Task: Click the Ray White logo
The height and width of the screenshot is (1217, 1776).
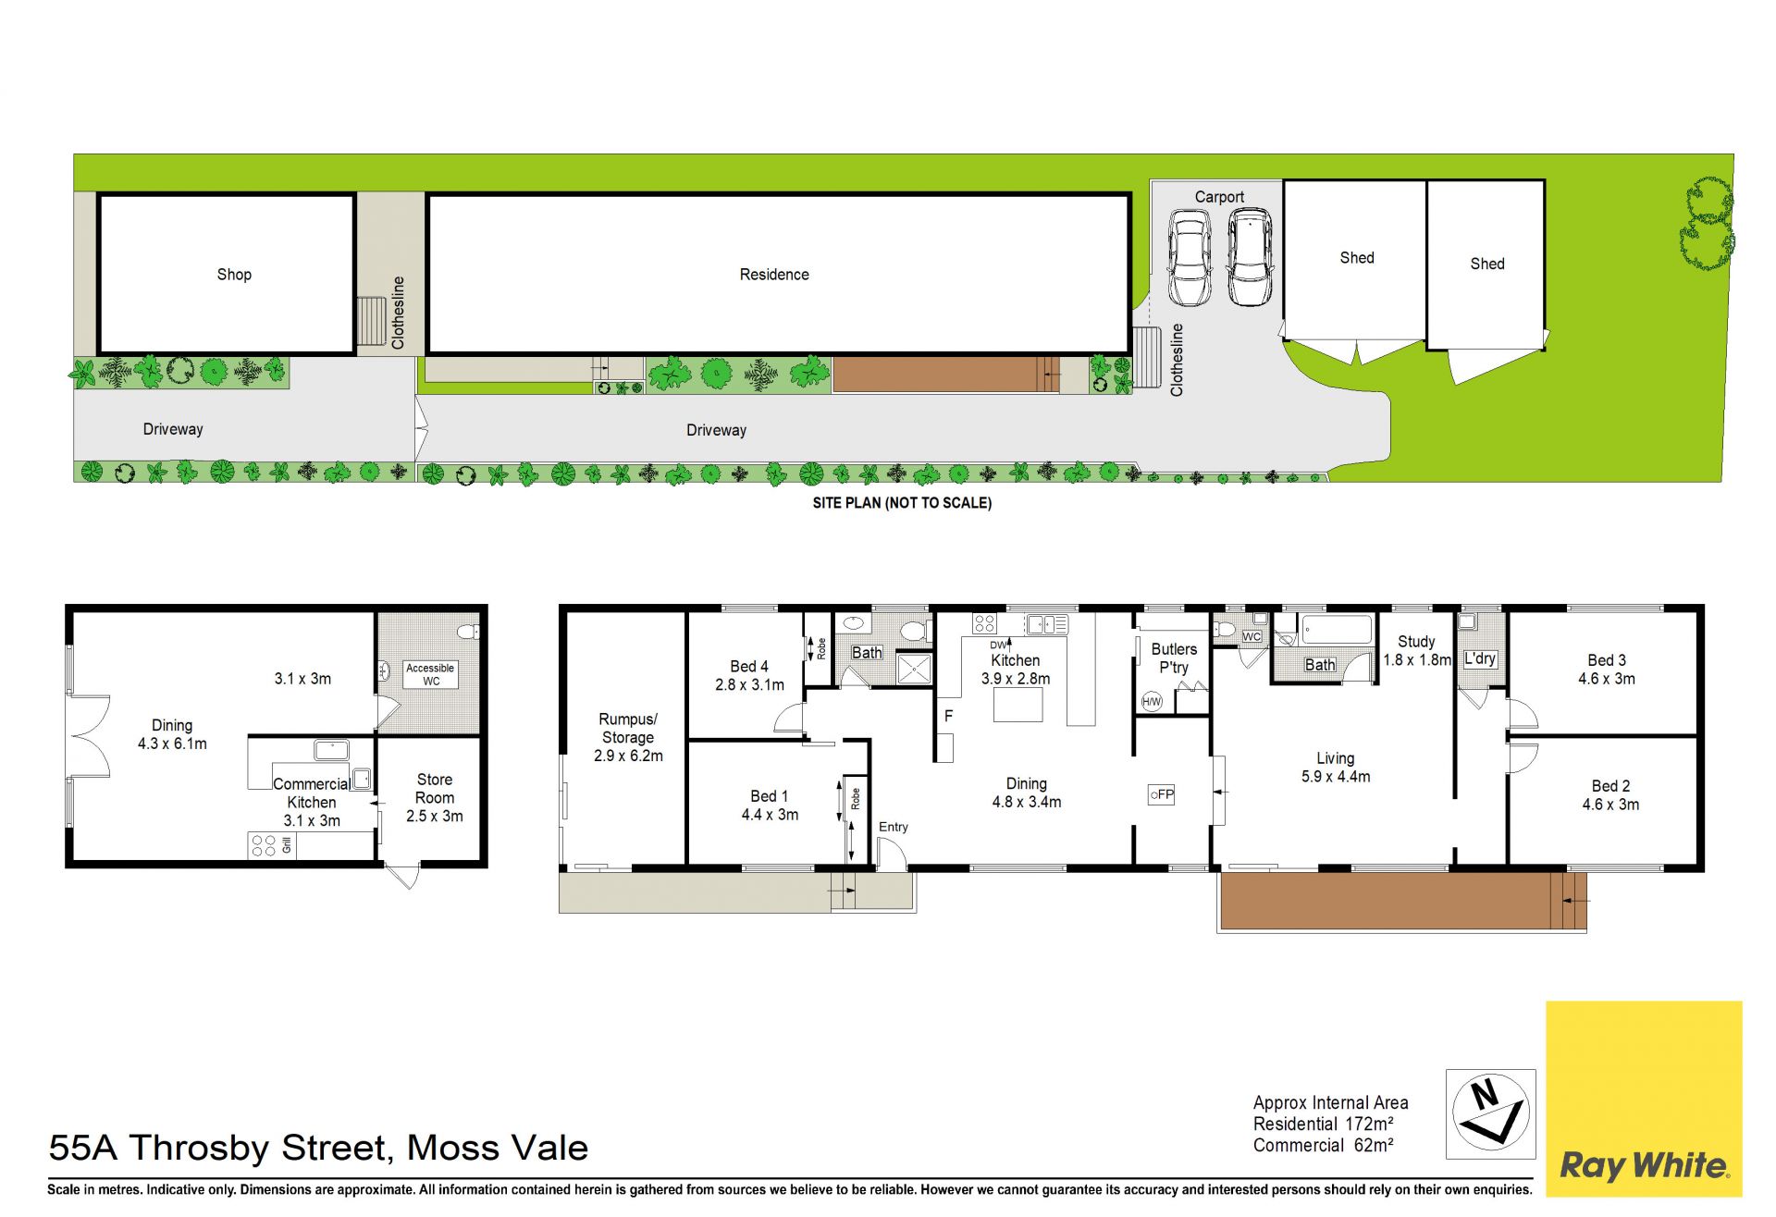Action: tap(1644, 1099)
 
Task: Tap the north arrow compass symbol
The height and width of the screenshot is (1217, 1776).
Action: tap(1490, 1113)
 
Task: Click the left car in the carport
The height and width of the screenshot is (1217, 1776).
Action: tap(1189, 258)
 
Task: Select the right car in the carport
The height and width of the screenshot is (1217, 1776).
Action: tap(1250, 258)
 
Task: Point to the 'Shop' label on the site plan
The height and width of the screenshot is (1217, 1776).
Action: tap(234, 275)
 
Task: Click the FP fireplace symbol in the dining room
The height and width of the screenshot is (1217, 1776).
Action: tap(1161, 794)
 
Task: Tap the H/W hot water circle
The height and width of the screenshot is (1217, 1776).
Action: tap(1152, 702)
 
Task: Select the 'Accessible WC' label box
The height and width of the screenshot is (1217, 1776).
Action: tap(430, 674)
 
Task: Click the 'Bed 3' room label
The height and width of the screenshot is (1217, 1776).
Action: tap(1607, 660)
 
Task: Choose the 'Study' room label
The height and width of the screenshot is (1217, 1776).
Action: tap(1416, 642)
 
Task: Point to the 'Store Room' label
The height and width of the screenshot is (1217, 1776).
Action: tap(435, 789)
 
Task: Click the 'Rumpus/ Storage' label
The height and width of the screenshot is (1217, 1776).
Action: tap(628, 729)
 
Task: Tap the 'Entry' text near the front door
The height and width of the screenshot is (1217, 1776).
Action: tap(894, 827)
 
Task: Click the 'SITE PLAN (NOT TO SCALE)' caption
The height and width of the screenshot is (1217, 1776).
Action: tap(902, 503)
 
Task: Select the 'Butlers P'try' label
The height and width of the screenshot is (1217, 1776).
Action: tap(1174, 658)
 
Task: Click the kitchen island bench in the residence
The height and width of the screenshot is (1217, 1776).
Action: tap(1018, 706)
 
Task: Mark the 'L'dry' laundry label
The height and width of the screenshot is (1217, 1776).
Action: tap(1480, 658)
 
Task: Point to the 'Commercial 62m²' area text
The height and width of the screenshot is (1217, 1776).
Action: tap(1324, 1146)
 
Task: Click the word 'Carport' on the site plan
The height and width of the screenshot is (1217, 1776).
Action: tap(1219, 197)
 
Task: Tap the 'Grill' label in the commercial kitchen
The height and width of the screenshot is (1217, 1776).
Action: tap(287, 845)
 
